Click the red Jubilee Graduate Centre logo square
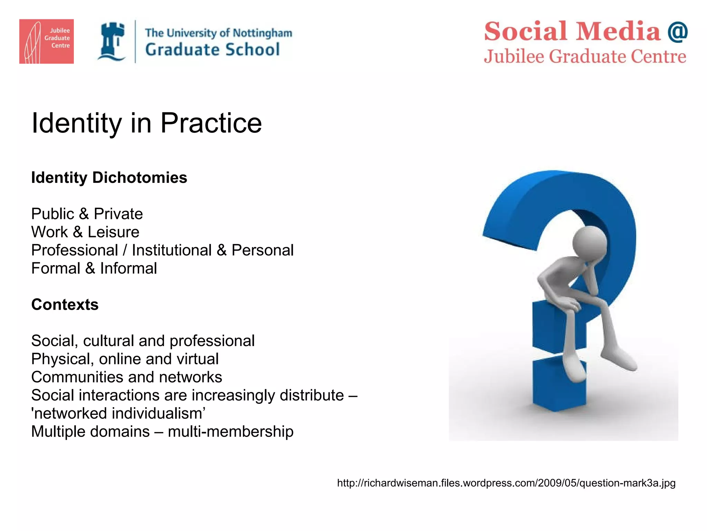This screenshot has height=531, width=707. (x=46, y=41)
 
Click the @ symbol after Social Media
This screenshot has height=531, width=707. (x=677, y=31)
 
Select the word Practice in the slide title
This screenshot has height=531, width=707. (x=211, y=123)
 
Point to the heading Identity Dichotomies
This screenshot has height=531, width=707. (x=109, y=178)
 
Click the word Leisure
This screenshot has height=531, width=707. (x=113, y=232)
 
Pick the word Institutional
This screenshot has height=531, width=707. (x=172, y=250)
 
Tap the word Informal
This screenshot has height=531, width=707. (x=128, y=269)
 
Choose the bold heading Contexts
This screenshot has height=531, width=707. (x=65, y=305)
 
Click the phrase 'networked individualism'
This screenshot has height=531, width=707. (x=118, y=413)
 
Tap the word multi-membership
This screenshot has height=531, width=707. (x=230, y=432)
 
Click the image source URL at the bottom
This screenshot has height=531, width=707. (x=506, y=483)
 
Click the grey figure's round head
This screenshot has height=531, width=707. (x=589, y=242)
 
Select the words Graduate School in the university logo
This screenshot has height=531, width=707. (x=212, y=50)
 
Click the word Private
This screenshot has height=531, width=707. (x=118, y=214)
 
